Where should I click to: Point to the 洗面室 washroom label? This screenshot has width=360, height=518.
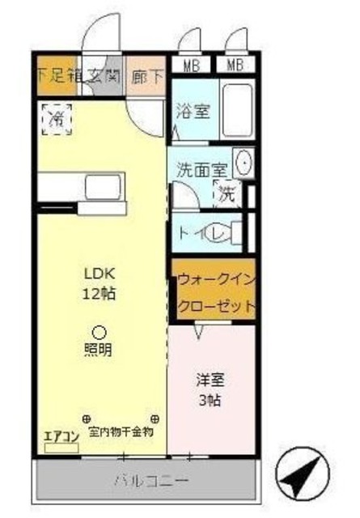tap(201, 171)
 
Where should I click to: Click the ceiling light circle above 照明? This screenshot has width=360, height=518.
tap(99, 331)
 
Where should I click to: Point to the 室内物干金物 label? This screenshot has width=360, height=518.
tap(121, 431)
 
